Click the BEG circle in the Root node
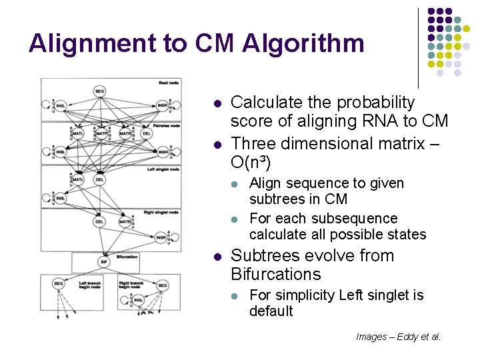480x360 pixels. (99, 91)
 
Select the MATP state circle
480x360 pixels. (101, 133)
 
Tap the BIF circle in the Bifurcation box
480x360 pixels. (103, 262)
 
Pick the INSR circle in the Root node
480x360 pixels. (162, 105)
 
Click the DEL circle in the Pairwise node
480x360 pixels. (146, 133)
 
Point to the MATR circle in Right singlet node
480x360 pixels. (125, 221)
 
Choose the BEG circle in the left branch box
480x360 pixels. (59, 284)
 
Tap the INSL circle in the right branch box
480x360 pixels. (137, 301)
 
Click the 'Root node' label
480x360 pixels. (169, 83)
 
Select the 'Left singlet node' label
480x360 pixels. (165, 169)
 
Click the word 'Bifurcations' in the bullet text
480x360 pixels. (275, 274)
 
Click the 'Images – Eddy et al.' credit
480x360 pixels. (398, 337)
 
